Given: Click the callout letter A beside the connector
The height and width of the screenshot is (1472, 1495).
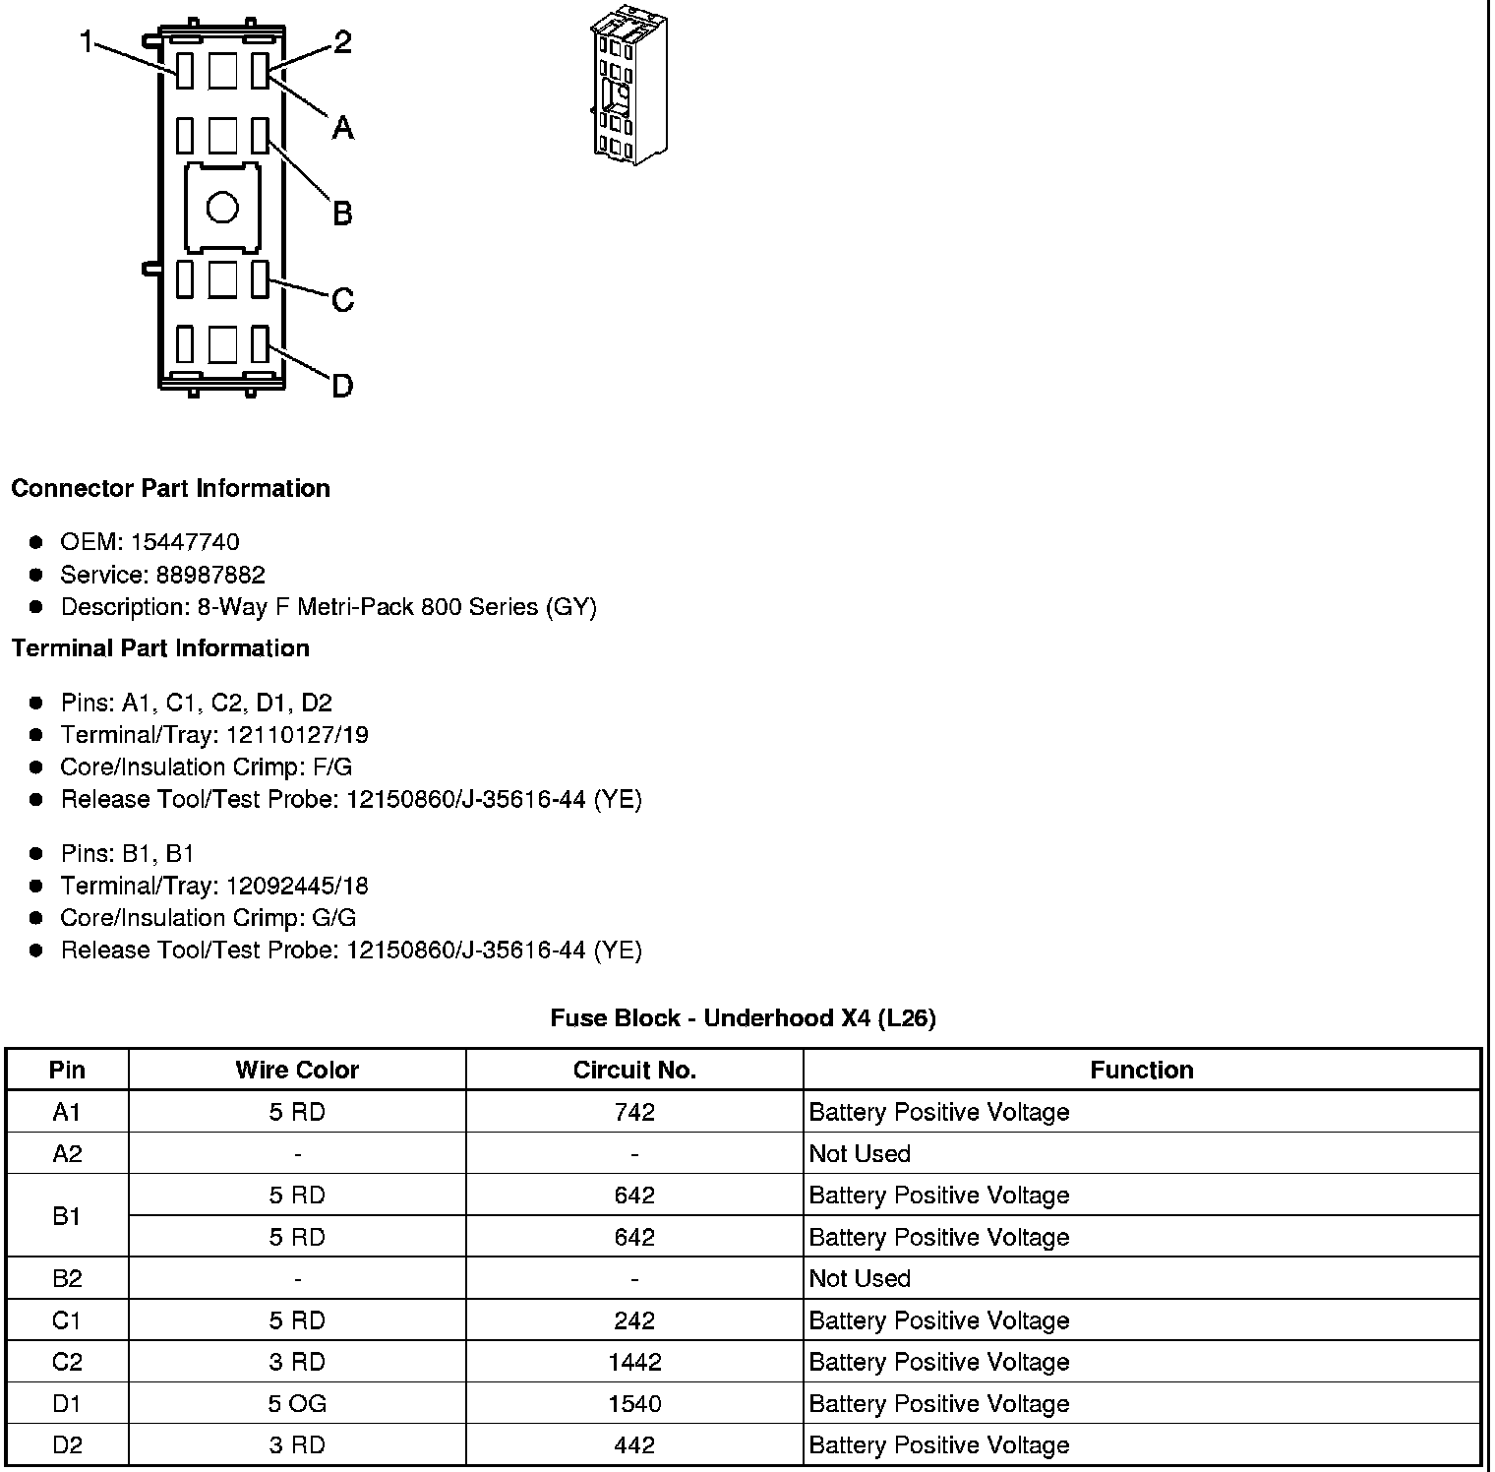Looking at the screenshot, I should coord(342,127).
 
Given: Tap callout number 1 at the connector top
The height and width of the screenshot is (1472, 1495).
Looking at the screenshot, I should coord(88,42).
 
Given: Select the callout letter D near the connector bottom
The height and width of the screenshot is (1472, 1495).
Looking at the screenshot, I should coord(342,386).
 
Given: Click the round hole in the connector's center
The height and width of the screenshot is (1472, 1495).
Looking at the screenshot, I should coord(222,208).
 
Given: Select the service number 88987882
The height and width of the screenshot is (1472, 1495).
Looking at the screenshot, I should coord(210,575).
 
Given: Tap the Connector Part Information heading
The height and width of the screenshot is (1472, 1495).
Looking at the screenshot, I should coord(170,489).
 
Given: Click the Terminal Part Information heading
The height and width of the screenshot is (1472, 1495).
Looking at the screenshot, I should coord(160,648).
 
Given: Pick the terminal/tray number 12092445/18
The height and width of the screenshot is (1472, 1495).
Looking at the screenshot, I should coord(297,886).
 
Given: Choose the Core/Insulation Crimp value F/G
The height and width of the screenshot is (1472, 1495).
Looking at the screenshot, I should coord(332,767).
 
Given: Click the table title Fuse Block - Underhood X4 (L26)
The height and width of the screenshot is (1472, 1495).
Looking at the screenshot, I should coord(743,1018).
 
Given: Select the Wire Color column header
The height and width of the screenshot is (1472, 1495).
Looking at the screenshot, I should coord(297,1070).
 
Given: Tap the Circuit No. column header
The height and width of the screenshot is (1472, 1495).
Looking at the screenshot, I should coord(634,1070).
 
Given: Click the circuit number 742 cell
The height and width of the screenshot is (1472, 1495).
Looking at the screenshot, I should coord(634,1112).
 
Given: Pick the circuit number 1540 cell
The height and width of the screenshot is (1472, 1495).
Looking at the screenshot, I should coord(634,1403).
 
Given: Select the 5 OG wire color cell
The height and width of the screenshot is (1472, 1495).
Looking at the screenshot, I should coord(297,1403).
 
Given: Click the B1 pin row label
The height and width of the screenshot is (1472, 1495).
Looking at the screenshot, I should coord(67,1216).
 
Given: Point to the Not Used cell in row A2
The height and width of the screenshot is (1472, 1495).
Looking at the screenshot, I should coord(860,1153).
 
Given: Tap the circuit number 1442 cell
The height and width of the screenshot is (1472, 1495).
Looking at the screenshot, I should coord(634,1362).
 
